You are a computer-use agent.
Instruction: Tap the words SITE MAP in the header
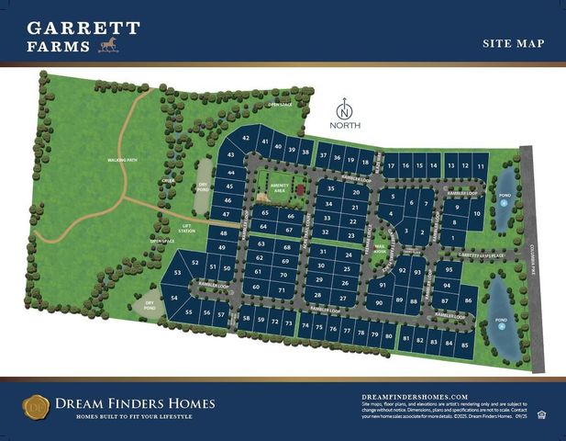[513, 43]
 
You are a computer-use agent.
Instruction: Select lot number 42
[246, 139]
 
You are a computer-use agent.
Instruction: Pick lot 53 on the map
[177, 273]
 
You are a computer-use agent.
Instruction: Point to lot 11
[481, 165]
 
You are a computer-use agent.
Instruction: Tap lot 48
[223, 234]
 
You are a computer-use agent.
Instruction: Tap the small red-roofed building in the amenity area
[300, 190]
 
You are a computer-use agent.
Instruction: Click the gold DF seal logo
[37, 405]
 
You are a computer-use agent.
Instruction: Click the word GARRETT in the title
[83, 28]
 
